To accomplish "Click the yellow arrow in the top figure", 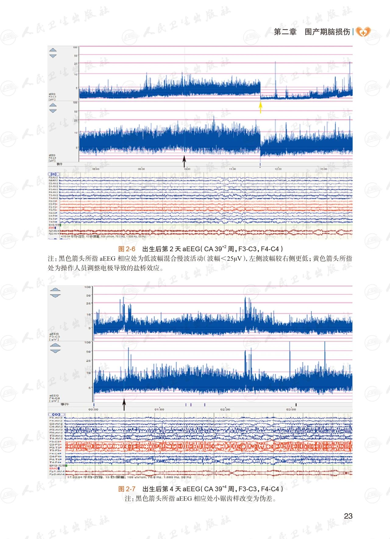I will pyautogui.click(x=261, y=107).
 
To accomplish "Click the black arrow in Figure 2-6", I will pyautogui.click(x=184, y=161).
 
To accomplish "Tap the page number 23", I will pyautogui.click(x=348, y=516).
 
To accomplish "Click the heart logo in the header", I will pyautogui.click(x=363, y=32).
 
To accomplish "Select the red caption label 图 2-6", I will pyautogui.click(x=127, y=249).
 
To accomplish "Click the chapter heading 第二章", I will pyautogui.click(x=285, y=32).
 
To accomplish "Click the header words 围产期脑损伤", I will pyautogui.click(x=327, y=32).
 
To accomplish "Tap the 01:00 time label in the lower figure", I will pyautogui.click(x=159, y=409).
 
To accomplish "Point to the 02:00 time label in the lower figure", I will pyautogui.click(x=225, y=409).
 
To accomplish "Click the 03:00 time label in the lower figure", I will pyautogui.click(x=291, y=409).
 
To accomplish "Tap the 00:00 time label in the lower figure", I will pyautogui.click(x=93, y=409).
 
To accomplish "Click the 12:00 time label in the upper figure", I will pyautogui.click(x=278, y=169).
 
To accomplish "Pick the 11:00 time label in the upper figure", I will pyautogui.click(x=232, y=169).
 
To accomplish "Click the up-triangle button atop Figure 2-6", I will pyautogui.click(x=53, y=50).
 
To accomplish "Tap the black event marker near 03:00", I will pyautogui.click(x=296, y=405).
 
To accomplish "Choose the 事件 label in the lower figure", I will pyautogui.click(x=65, y=404).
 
